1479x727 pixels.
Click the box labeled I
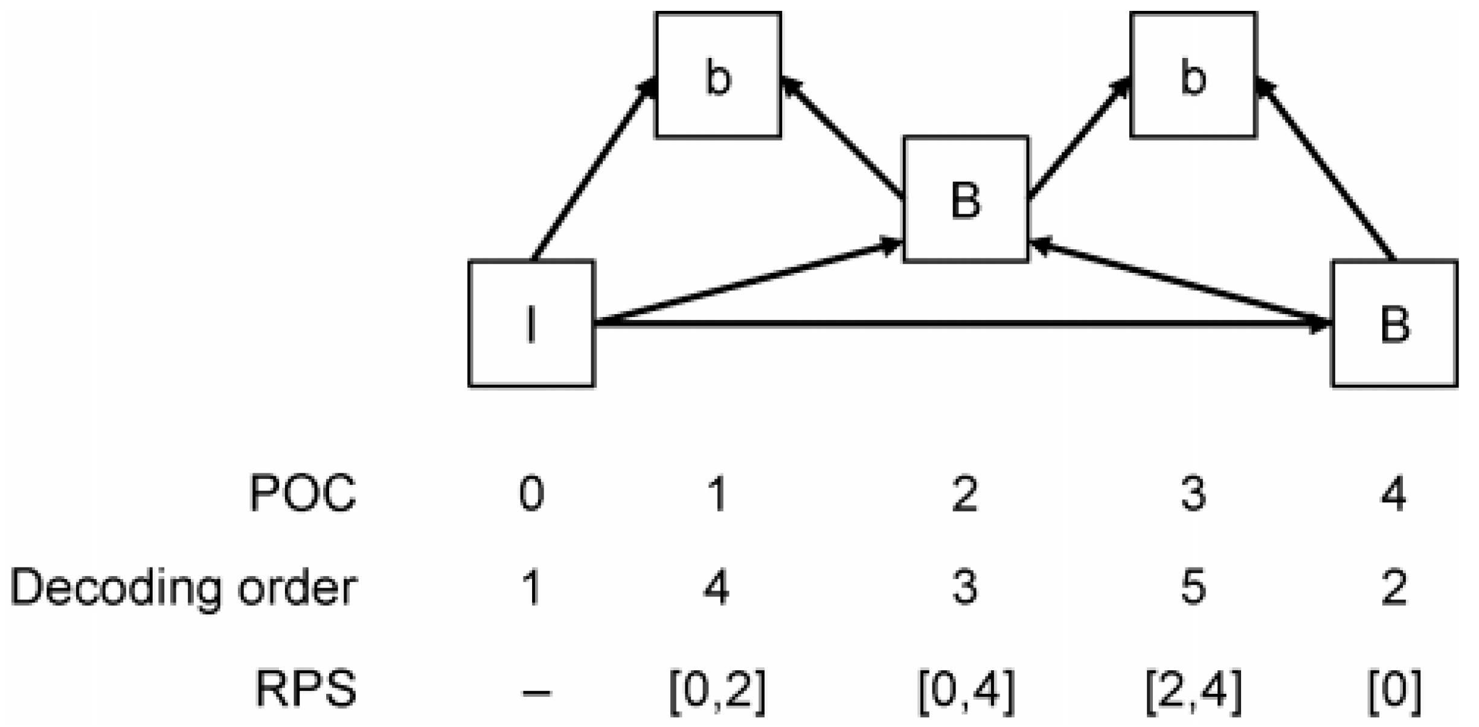pos(531,324)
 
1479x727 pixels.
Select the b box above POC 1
pos(718,75)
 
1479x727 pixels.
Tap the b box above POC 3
pos(1193,75)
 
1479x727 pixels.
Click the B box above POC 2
pos(966,200)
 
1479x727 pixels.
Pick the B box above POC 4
pos(1394,324)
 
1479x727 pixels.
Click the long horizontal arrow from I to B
pos(960,325)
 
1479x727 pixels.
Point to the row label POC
pos(303,494)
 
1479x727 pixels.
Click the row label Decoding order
pos(183,588)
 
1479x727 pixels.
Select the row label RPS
pos(306,689)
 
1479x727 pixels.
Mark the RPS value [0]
pos(1394,689)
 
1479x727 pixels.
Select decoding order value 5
pos(1193,588)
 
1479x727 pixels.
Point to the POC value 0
pos(531,494)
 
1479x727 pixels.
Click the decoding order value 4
pos(717,588)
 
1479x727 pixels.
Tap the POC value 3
pos(1193,494)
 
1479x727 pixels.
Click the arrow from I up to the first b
pos(595,169)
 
